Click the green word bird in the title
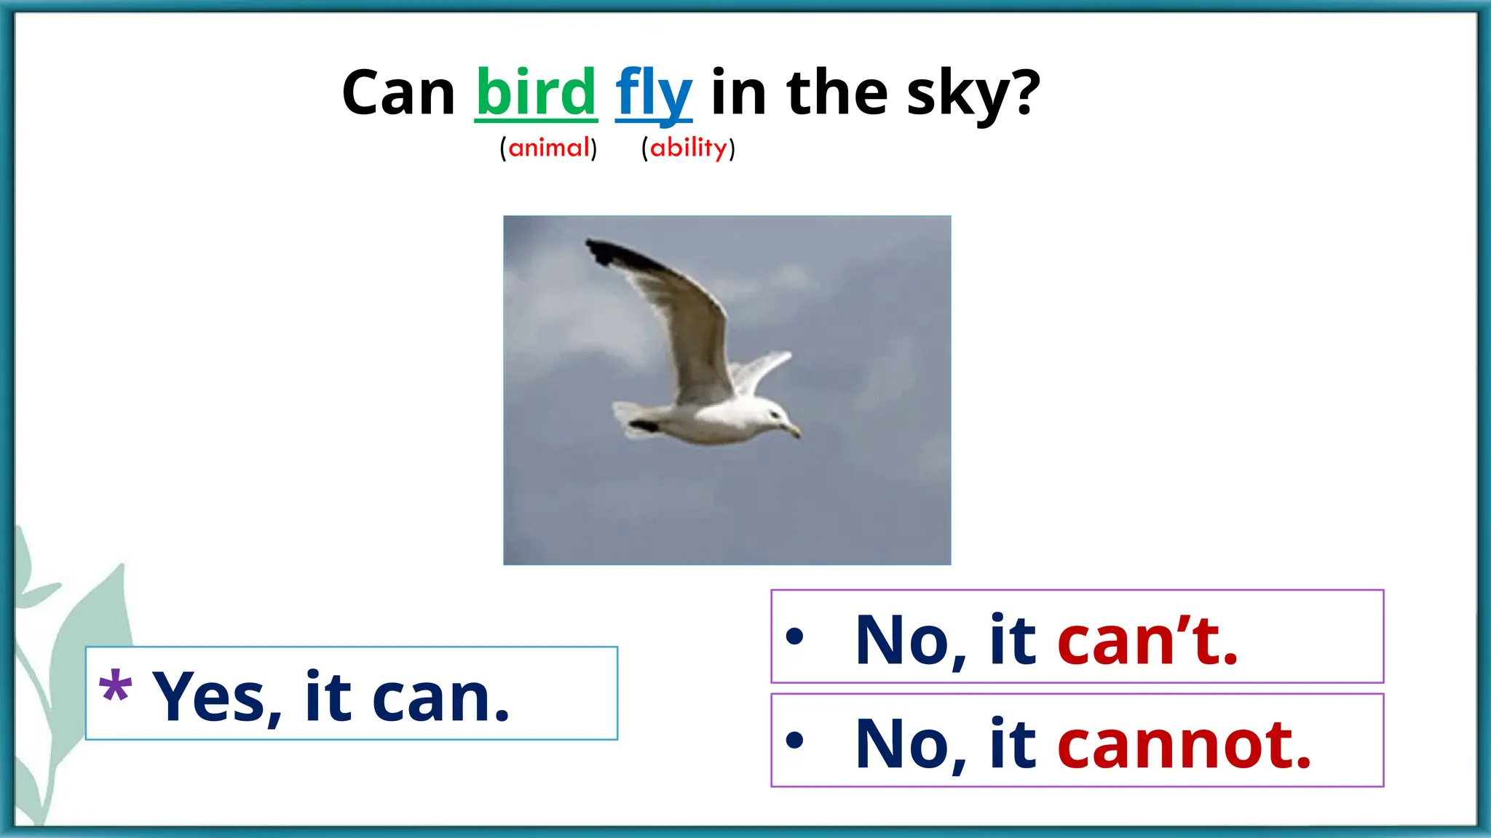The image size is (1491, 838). (x=536, y=92)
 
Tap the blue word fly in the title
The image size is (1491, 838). (x=653, y=95)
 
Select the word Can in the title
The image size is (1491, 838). (x=398, y=93)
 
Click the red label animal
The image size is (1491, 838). (x=548, y=148)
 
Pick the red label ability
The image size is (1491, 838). (x=688, y=148)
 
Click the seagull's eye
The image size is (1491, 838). (x=774, y=415)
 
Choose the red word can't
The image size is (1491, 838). (x=1147, y=640)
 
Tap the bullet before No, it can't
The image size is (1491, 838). (x=794, y=637)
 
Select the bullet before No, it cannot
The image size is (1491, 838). (x=794, y=741)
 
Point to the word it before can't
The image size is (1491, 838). (x=1012, y=640)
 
